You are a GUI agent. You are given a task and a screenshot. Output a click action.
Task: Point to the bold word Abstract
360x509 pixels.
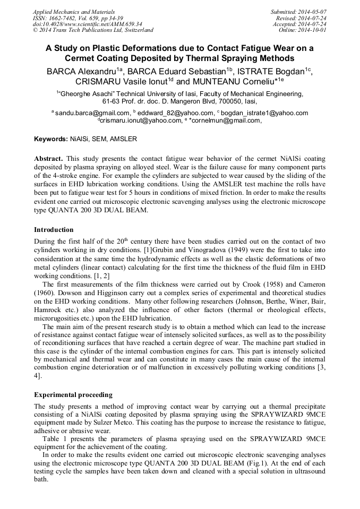[x=49, y=159]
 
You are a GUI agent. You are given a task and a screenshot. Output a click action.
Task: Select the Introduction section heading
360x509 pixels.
[x=54, y=230]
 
